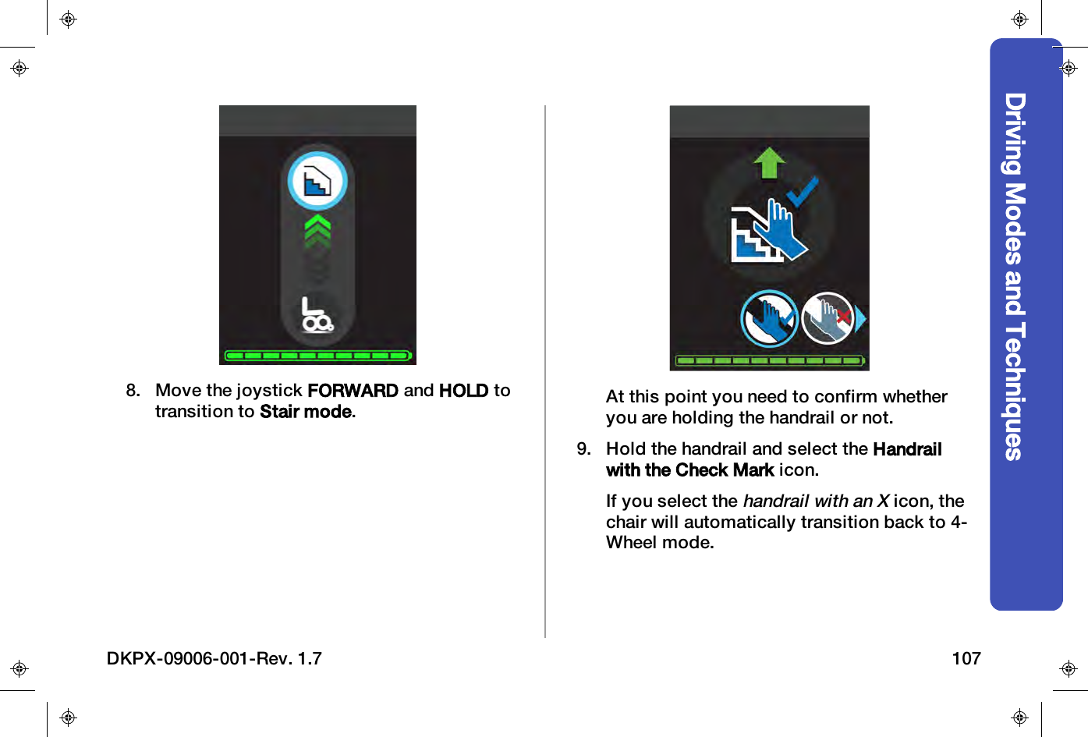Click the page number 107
[966, 658]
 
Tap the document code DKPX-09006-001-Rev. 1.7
[214, 658]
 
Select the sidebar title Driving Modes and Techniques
[1015, 276]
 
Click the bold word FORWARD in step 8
[353, 390]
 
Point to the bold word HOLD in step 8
[463, 390]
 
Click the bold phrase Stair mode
[307, 411]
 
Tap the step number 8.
[133, 390]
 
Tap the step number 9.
[583, 448]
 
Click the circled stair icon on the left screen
[317, 181]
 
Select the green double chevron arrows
[317, 231]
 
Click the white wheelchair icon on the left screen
[317, 314]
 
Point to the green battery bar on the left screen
[317, 356]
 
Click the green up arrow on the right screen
[769, 162]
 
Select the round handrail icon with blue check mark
[769, 318]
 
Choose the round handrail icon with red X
[828, 318]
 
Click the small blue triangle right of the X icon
[860, 318]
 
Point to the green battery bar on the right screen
[770, 360]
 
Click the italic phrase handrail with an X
[816, 501]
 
